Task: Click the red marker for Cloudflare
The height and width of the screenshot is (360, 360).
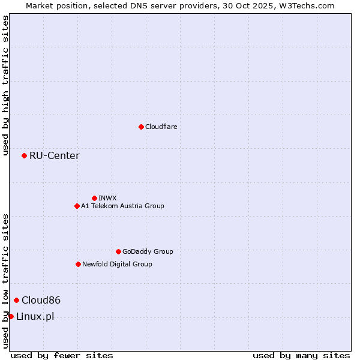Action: click(x=141, y=127)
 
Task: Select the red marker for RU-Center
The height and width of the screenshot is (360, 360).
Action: click(x=24, y=155)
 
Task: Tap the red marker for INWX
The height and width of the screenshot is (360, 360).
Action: click(x=94, y=198)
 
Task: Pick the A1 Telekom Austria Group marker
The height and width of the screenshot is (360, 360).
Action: click(x=77, y=206)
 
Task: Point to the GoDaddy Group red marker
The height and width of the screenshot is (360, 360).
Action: click(x=118, y=251)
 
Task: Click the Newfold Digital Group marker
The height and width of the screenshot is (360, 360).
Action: click(x=78, y=264)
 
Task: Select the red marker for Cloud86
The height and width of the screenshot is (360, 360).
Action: click(x=16, y=300)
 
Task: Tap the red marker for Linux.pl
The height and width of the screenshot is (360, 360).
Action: click(x=11, y=316)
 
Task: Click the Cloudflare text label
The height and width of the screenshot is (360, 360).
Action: click(x=161, y=127)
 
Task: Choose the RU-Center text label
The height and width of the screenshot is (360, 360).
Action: click(x=55, y=156)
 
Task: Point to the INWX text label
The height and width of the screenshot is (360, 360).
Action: click(x=107, y=198)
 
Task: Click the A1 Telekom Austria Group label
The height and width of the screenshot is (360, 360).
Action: click(x=122, y=206)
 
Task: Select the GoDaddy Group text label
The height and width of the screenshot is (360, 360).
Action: click(x=148, y=251)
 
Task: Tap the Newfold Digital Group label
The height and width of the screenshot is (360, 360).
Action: click(x=117, y=264)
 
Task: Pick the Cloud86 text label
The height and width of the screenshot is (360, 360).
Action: click(x=41, y=300)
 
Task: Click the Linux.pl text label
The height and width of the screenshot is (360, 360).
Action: click(x=35, y=317)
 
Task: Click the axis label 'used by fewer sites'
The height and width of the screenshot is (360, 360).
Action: click(x=62, y=355)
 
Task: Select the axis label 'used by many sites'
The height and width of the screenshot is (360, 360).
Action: click(x=301, y=355)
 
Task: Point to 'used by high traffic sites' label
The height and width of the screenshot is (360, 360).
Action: click(x=5, y=85)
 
